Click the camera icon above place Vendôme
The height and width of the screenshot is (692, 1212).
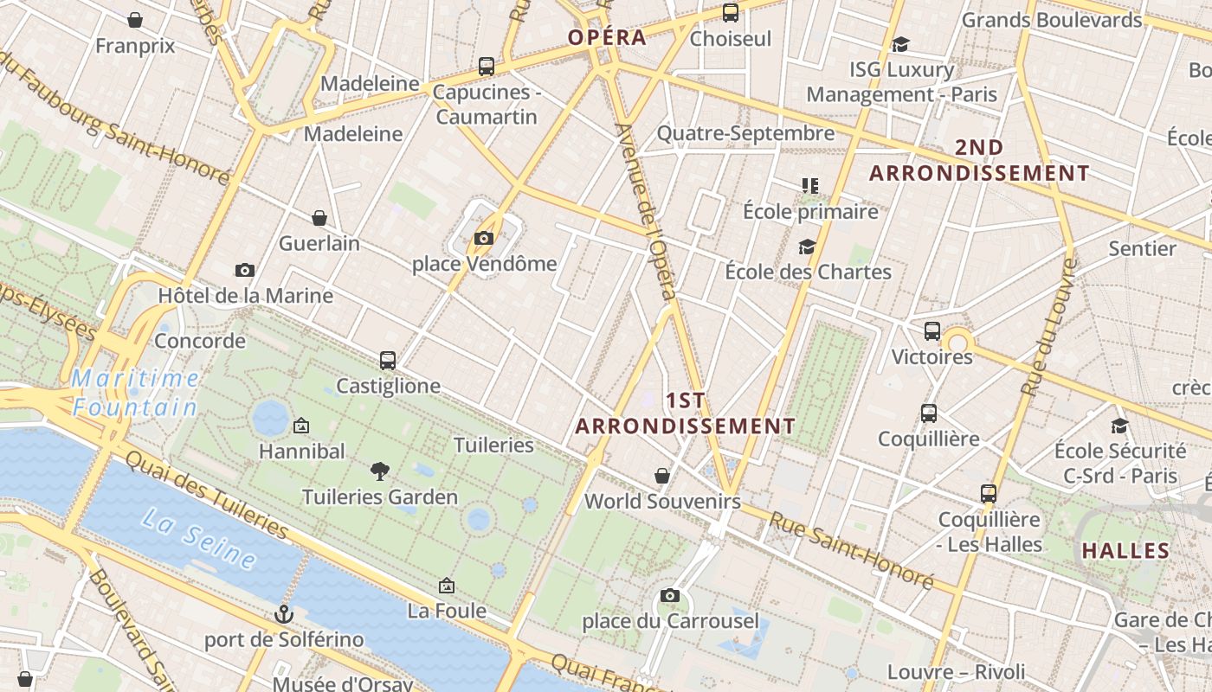(484, 239)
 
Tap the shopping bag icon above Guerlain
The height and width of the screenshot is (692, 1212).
(319, 218)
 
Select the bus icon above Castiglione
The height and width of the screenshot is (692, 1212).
(388, 361)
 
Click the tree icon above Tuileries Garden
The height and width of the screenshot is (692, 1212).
(379, 471)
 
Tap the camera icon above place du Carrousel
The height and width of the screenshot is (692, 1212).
(669, 596)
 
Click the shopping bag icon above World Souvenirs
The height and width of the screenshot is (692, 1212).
(662, 476)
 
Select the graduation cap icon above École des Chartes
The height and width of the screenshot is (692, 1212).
(807, 247)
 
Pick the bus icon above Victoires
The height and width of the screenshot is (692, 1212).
(932, 331)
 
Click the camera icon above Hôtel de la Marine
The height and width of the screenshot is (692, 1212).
(245, 271)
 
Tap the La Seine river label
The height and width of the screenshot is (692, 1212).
(199, 538)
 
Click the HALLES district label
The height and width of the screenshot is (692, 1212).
(1125, 551)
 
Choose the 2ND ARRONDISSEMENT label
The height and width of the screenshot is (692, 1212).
(979, 161)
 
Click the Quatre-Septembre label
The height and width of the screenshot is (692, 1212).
(745, 133)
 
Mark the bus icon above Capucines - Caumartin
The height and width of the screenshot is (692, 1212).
(487, 67)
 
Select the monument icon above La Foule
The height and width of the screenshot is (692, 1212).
(447, 586)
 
